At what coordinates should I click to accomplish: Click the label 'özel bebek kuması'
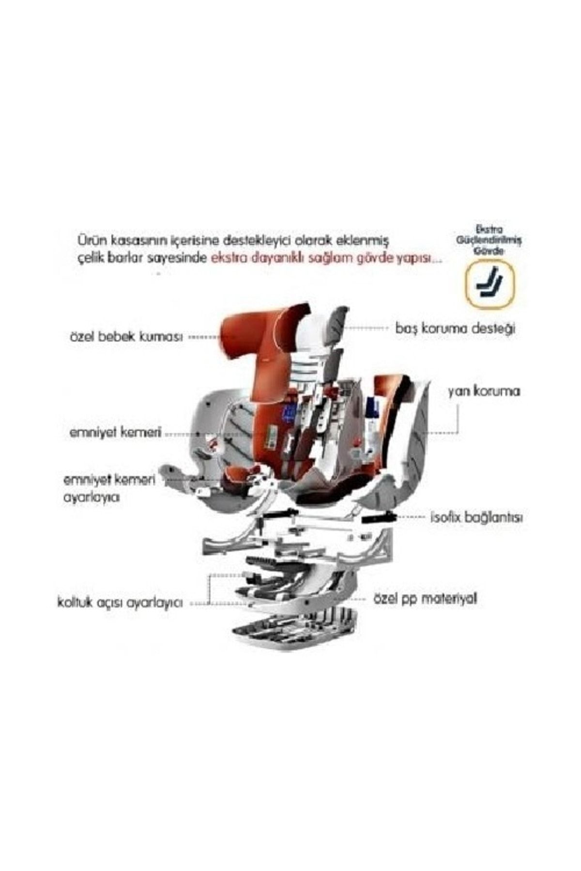pyautogui.click(x=126, y=337)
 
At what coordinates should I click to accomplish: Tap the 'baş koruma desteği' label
pyautogui.click(x=455, y=329)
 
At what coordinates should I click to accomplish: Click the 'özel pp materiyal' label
pyautogui.click(x=425, y=599)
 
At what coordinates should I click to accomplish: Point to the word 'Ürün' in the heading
pyautogui.click(x=90, y=240)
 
